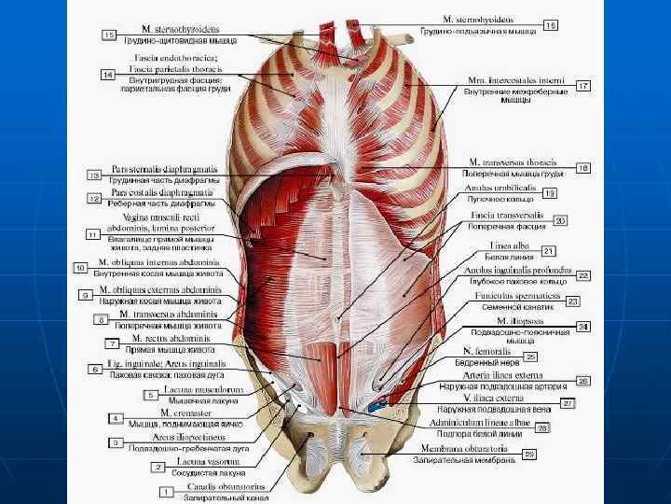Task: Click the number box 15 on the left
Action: coord(110,35)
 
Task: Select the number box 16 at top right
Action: coord(551,25)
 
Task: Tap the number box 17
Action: coord(582,85)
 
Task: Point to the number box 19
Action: coord(549,192)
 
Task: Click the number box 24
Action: coord(582,327)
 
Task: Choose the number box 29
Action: coord(529,454)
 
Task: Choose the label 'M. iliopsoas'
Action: coord(495,320)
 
